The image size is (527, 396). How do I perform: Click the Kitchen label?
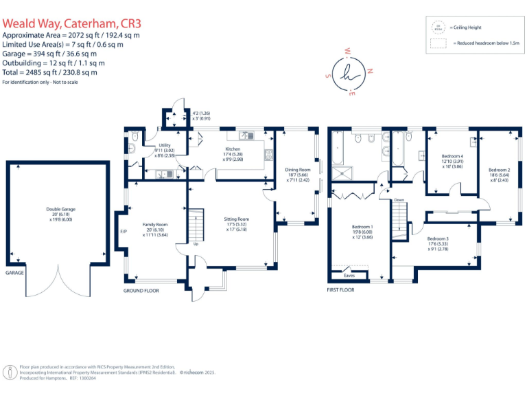point(233,148)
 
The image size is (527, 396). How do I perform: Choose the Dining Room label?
point(298,170)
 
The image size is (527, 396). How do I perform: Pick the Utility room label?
point(165,146)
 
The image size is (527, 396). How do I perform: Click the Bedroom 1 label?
point(362,227)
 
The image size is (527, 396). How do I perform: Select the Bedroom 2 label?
point(499,169)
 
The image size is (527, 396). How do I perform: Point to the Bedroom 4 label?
point(452,156)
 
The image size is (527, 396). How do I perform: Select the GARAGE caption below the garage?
point(15,273)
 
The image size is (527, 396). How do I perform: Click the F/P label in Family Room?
point(124,232)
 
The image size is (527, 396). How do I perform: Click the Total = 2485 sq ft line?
point(49,72)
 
